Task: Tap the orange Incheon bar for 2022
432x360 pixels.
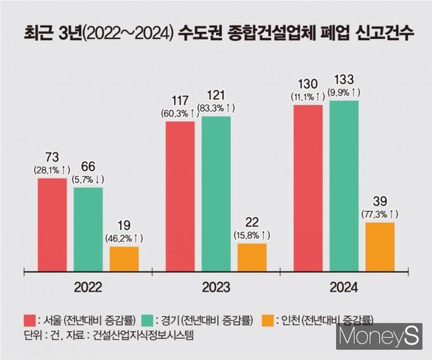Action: [124, 258]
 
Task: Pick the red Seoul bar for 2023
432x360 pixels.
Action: [180, 196]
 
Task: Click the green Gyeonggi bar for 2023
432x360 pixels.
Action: [215, 193]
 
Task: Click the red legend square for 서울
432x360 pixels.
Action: [29, 319]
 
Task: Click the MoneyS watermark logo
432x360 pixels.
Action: [381, 336]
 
